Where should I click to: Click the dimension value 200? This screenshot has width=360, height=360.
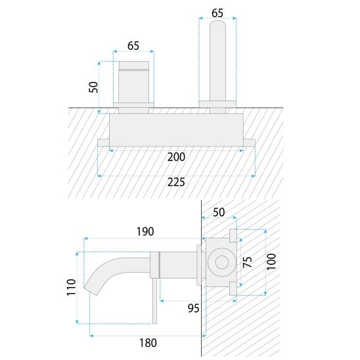pyautogui.click(x=176, y=157)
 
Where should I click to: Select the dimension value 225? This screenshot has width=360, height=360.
pyautogui.click(x=176, y=182)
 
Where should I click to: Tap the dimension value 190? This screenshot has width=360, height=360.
pyautogui.click(x=145, y=231)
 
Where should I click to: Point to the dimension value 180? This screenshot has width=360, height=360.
pyautogui.click(x=148, y=343)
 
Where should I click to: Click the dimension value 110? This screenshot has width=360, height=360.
pyautogui.click(x=72, y=287)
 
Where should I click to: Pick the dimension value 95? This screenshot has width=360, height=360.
pyautogui.click(x=193, y=308)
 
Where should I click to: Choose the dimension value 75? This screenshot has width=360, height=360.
pyautogui.click(x=248, y=262)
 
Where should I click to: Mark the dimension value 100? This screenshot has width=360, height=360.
pyautogui.click(x=271, y=261)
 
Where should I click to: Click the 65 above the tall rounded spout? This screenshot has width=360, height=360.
pyautogui.click(x=217, y=13)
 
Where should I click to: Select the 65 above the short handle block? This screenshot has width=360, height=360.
pyautogui.click(x=133, y=46)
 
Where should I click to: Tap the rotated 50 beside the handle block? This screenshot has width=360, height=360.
pyautogui.click(x=93, y=87)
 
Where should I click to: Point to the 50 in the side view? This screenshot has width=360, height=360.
pyautogui.click(x=219, y=212)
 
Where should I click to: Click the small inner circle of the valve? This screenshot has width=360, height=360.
pyautogui.click(x=222, y=262)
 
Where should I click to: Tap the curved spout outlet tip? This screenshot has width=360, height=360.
pyautogui.click(x=91, y=291)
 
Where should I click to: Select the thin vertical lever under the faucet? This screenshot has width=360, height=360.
pyautogui.click(x=155, y=301)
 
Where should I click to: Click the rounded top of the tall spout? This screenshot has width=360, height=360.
pyautogui.click(x=217, y=24)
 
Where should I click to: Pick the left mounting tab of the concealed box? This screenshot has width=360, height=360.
pyautogui.click(x=103, y=143)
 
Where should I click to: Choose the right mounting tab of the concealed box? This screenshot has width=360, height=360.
pyautogui.click(x=249, y=143)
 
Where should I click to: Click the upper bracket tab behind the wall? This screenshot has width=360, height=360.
pyautogui.click(x=233, y=235)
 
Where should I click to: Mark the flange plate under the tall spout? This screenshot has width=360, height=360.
pyautogui.click(x=217, y=104)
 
